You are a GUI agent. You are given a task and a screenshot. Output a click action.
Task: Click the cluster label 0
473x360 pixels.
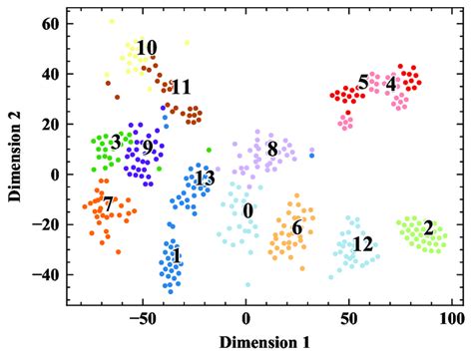[247, 211]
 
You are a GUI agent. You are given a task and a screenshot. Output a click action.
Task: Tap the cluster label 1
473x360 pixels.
[176, 256]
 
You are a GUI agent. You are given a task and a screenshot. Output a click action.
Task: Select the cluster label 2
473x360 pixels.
[428, 228]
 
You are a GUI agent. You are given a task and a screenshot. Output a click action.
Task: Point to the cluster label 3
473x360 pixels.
[117, 143]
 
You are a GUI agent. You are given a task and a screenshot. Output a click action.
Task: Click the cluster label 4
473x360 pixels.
[390, 83]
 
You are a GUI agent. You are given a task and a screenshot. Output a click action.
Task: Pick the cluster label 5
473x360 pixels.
[362, 81]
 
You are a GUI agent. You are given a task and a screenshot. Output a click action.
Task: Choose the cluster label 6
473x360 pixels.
[296, 227]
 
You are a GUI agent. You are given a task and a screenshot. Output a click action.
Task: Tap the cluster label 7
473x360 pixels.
[109, 204]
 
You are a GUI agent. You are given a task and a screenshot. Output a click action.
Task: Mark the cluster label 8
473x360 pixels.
[272, 149]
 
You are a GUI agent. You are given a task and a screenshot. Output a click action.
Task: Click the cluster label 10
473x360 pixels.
[147, 48]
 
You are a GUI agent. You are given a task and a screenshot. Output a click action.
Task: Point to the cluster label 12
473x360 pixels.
[362, 244]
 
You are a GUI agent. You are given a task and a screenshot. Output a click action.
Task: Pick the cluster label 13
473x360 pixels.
[204, 180]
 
